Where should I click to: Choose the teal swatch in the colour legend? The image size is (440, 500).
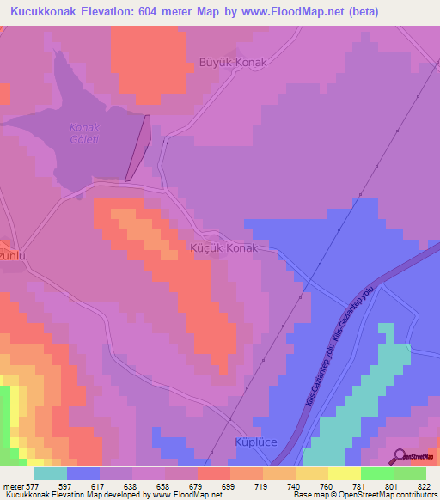[x=50, y=473]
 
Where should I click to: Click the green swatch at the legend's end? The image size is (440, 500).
[x=409, y=473]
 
